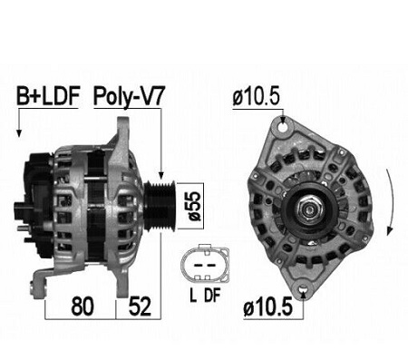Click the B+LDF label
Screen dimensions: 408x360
(x=48, y=96)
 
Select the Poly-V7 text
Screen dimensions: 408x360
(x=129, y=96)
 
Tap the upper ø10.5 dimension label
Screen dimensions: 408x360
(x=257, y=97)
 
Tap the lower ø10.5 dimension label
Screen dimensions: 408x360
(x=268, y=306)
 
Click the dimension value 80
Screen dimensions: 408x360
(x=83, y=306)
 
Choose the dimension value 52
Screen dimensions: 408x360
(x=140, y=306)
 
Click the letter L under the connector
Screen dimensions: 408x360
(x=193, y=296)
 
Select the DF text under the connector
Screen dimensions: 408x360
(x=212, y=296)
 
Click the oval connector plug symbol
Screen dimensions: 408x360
(x=205, y=263)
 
